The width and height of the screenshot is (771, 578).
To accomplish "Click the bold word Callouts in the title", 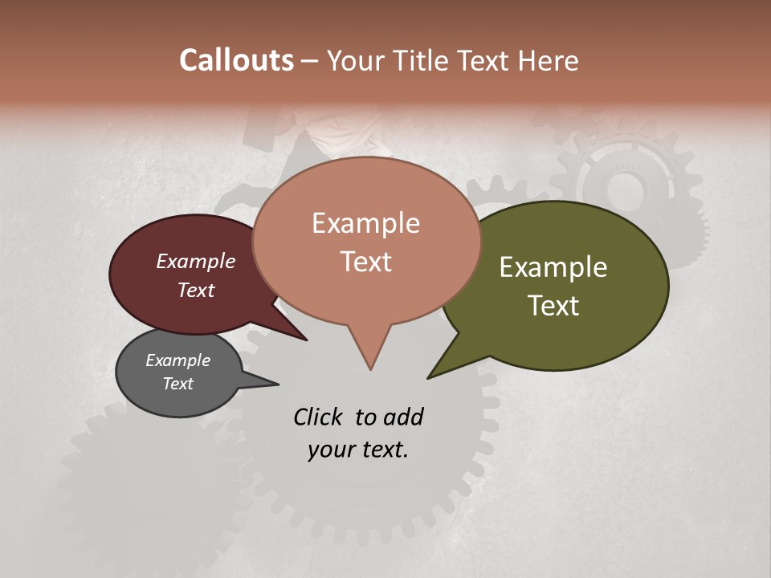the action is (236, 60).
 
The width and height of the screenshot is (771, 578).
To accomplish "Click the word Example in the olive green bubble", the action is (553, 267).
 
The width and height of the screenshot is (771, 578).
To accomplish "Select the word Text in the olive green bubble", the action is (553, 306).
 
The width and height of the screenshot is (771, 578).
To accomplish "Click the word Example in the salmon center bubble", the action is (365, 223).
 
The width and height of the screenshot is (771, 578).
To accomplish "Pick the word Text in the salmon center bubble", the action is (365, 262).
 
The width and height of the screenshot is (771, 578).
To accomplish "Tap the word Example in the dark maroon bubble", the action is (196, 261).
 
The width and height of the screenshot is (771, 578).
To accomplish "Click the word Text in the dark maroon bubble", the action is (196, 290).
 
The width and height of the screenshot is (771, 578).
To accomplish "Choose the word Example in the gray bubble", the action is (177, 360).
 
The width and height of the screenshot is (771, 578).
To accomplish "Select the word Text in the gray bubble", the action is (177, 384).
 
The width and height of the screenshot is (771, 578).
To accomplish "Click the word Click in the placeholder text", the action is (319, 417).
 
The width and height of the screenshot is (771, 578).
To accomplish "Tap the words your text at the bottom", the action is (358, 450).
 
